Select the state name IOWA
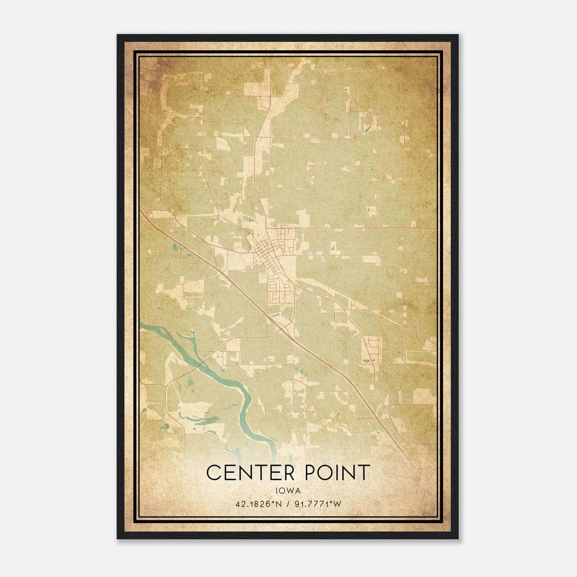(x=288, y=490)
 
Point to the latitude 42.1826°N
(x=258, y=504)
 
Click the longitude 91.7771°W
(x=318, y=504)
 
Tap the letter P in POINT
(x=311, y=472)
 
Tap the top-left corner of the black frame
(x=118, y=35)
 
